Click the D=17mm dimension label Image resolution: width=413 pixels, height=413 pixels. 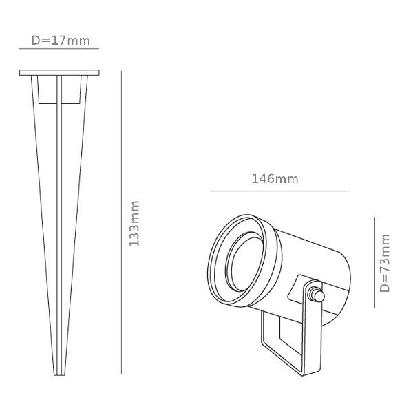click(61, 41)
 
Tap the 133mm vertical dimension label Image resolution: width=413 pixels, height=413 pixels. click(134, 224)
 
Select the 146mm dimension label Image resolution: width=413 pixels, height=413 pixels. click(275, 179)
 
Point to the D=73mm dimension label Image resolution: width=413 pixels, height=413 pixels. click(385, 263)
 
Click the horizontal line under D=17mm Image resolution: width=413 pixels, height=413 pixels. click(59, 48)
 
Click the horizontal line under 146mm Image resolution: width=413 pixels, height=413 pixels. click(279, 191)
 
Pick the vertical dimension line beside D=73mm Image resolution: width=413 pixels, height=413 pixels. click(374, 262)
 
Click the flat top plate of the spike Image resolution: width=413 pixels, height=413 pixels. click(59, 73)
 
